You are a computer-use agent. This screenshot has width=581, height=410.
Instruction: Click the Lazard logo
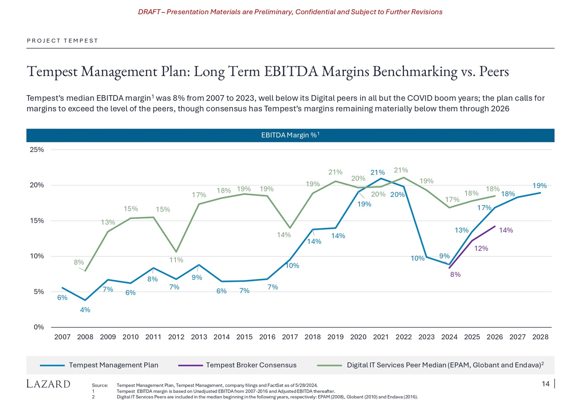pyautogui.click(x=48, y=384)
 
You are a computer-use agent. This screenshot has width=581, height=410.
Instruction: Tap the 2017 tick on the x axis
pyautogui.click(x=290, y=337)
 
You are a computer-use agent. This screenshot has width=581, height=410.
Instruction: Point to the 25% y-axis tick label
pyautogui.click(x=37, y=150)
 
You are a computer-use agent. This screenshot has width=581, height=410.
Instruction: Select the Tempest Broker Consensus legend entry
pyautogui.click(x=251, y=365)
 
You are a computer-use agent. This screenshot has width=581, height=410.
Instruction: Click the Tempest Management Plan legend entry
pyautogui.click(x=113, y=365)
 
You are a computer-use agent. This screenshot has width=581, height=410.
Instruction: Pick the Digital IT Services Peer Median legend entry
pyautogui.click(x=443, y=365)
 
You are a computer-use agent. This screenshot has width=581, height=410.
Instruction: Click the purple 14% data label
pyautogui.click(x=506, y=231)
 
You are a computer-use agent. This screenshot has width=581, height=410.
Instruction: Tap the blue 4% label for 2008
pyautogui.click(x=85, y=310)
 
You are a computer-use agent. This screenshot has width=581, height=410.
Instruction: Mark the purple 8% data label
pyautogui.click(x=455, y=275)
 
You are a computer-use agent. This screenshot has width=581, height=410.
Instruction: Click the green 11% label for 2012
pyautogui.click(x=176, y=260)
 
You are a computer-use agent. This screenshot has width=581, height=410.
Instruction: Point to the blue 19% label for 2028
pyautogui.click(x=539, y=186)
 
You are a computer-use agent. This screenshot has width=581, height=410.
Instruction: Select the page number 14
pyautogui.click(x=545, y=384)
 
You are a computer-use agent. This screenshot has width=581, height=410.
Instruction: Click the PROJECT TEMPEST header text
pyautogui.click(x=62, y=41)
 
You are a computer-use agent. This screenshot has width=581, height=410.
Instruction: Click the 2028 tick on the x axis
pyautogui.click(x=540, y=337)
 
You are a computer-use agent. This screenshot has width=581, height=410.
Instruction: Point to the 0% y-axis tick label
pyautogui.click(x=39, y=327)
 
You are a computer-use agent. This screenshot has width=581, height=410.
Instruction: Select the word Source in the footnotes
pyautogui.click(x=100, y=385)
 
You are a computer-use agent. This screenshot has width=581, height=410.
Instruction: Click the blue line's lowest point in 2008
pyautogui.click(x=85, y=300)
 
